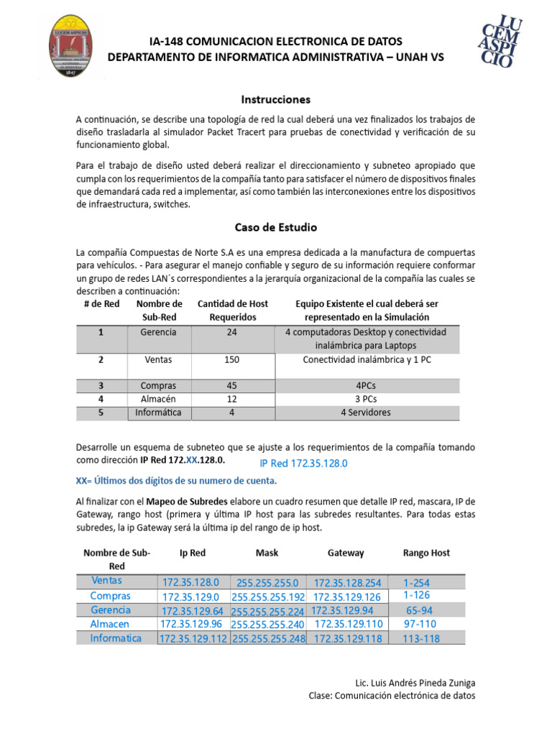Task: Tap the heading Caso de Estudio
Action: tap(275, 227)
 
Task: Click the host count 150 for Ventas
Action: tap(232, 359)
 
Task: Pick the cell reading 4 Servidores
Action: tap(367, 413)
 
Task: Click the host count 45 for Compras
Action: tap(232, 385)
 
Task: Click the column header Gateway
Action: tap(346, 553)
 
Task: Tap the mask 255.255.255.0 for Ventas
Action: tap(267, 583)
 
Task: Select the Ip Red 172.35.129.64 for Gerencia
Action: tap(193, 611)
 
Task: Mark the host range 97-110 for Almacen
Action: tap(420, 624)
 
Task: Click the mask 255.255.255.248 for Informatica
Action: tap(268, 638)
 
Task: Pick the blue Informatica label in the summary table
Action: tap(116, 638)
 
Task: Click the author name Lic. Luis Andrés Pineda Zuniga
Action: tap(415, 682)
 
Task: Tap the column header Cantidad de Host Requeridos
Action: tap(232, 310)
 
